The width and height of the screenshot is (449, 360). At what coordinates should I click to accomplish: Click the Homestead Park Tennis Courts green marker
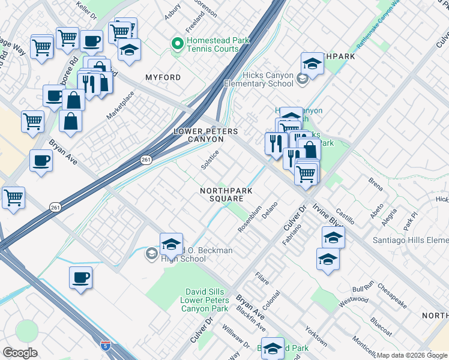(177, 44)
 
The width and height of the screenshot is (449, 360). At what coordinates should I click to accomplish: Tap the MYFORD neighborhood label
(163, 78)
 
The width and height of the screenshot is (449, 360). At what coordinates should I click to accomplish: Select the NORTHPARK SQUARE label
(226, 195)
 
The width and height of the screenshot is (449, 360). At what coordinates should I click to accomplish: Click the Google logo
(20, 353)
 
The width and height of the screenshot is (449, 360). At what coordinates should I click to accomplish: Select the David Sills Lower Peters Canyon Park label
(205, 300)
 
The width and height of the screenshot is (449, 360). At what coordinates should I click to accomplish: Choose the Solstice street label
(209, 160)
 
